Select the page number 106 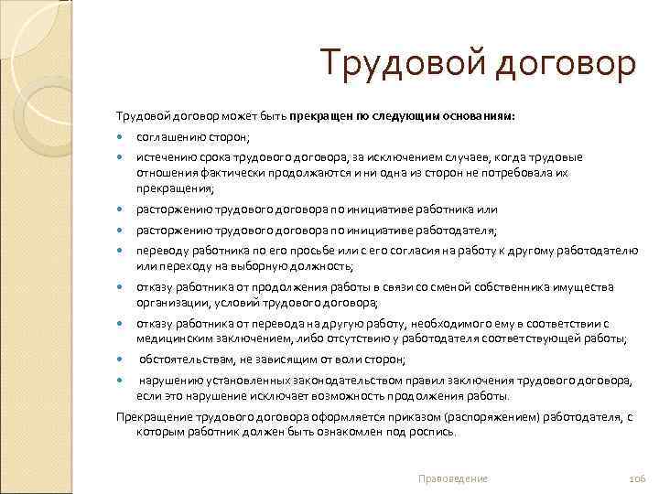tap(638, 478)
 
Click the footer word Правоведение tap(452, 478)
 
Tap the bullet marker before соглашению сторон tap(121, 138)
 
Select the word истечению tap(162, 157)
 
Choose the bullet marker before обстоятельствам tap(121, 360)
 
